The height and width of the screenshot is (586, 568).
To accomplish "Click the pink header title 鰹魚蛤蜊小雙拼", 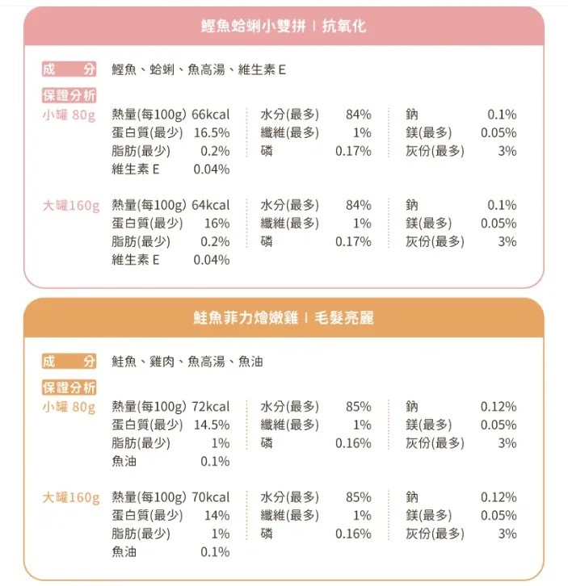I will point(253,27).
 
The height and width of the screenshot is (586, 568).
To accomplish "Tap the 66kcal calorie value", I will point(211,115).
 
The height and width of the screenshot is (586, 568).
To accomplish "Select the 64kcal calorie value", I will point(211,205).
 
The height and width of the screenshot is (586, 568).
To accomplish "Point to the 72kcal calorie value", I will point(211,407).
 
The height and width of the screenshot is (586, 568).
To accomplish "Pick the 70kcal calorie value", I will point(211,497).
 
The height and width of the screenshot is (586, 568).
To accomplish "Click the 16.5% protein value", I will point(212,133).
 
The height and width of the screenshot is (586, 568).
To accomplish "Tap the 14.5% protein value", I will point(212,425).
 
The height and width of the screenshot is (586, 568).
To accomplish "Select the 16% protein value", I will point(217,224).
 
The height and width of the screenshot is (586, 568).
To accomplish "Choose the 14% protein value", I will point(217,516).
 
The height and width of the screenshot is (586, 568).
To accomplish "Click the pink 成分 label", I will point(69,70).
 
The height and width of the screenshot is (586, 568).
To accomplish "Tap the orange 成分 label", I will point(69,362).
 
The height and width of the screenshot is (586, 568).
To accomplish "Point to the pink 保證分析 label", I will point(69,96).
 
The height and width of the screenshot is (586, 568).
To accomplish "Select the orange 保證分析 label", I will point(69,387).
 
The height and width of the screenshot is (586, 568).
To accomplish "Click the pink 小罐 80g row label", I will point(69,115).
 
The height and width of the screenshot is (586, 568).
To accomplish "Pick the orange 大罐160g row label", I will point(70,497).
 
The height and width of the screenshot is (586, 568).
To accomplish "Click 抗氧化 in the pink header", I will point(343,27).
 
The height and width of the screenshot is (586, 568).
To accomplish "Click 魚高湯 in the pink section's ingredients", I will point(206,70).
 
